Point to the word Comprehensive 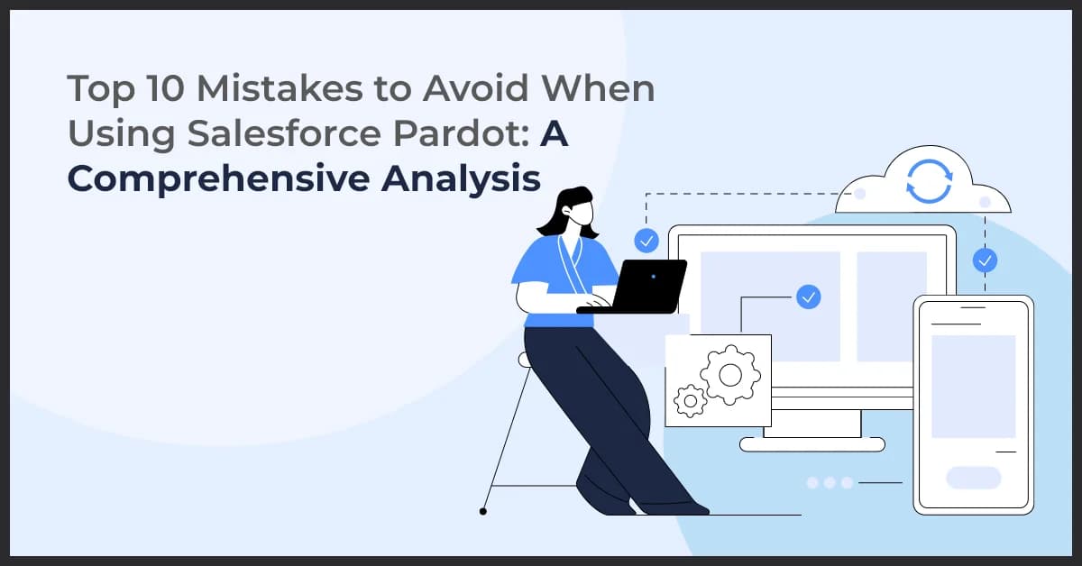[217, 178]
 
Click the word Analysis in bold [460, 178]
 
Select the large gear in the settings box [730, 373]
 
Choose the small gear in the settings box [691, 400]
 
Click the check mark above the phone [985, 261]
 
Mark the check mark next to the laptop [646, 241]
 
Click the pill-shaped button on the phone [973, 478]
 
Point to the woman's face [583, 215]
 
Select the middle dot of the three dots [830, 483]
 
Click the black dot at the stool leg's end [483, 511]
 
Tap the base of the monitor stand [811, 443]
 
